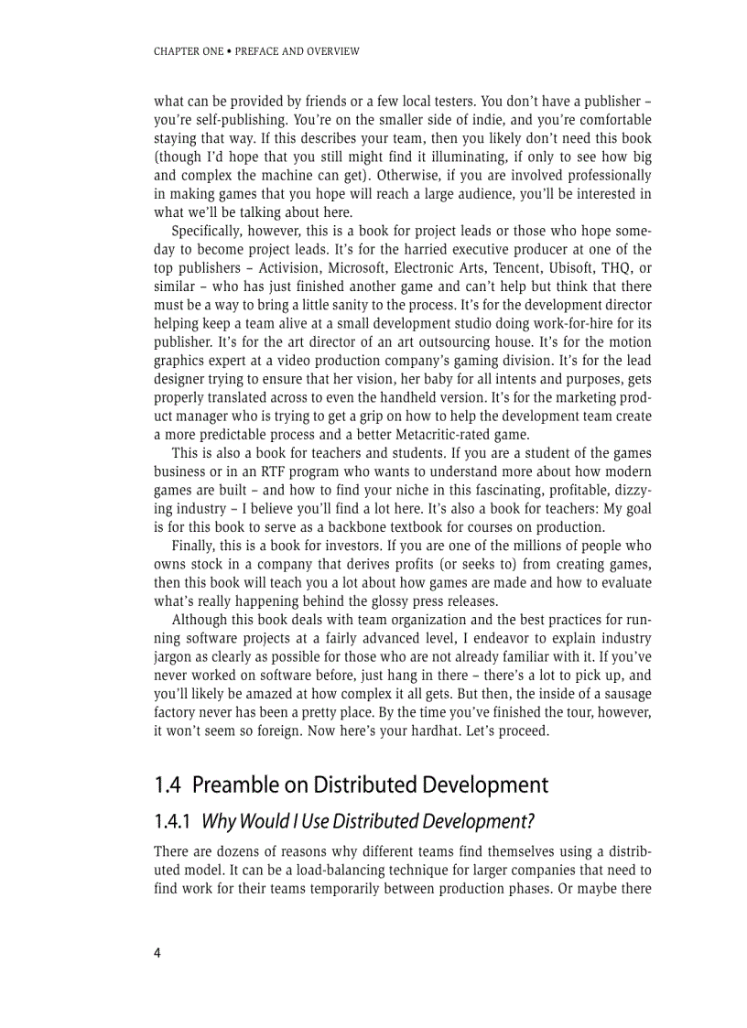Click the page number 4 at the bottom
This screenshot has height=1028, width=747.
[x=157, y=953]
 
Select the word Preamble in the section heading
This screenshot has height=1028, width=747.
[x=234, y=785]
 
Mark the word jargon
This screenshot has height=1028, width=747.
[x=173, y=656]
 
